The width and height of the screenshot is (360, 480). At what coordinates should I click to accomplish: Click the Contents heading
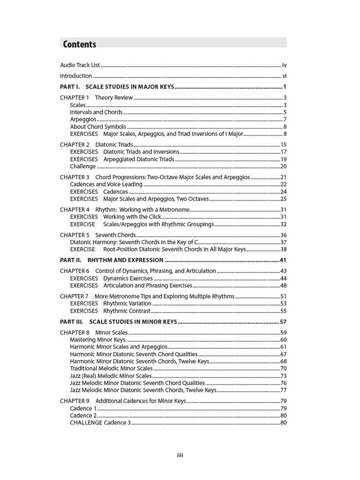pos(79,45)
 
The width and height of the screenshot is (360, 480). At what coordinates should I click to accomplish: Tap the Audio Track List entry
pos(80,65)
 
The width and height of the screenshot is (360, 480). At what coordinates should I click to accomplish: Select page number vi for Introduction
pos(284,76)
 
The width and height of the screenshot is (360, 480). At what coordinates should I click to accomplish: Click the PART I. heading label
pos(70,87)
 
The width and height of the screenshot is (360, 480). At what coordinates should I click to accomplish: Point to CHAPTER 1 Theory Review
pos(96,98)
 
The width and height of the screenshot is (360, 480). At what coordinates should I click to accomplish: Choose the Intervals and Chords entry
pos(96,112)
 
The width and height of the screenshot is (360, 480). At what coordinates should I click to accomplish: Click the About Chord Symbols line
pos(98,127)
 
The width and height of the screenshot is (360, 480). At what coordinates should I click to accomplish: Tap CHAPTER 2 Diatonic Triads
pos(96,145)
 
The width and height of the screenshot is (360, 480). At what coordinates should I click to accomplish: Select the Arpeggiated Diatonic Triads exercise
pos(138,159)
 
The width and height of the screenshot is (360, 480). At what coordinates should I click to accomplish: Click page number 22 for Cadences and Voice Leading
pos(283,185)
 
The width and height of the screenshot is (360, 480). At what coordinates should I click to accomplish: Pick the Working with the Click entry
pos(132,217)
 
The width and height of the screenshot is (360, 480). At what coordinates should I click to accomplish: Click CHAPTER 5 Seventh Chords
pos(97,235)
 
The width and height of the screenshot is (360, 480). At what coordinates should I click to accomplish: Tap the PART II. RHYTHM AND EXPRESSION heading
pos(112,260)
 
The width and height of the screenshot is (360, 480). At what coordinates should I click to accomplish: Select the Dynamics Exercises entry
pos(128,278)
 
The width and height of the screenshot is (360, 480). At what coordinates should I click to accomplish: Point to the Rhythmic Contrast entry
pos(127,311)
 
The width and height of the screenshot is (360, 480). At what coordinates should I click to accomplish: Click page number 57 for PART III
pos(283,322)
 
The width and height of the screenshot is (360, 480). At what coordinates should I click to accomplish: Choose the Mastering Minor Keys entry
pos(97,339)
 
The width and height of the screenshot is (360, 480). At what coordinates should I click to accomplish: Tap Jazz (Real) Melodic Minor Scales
pos(111,375)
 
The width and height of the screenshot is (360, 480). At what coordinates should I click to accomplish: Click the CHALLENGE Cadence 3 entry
pos(100,423)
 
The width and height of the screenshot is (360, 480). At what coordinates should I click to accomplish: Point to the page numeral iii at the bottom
pos(180,455)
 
